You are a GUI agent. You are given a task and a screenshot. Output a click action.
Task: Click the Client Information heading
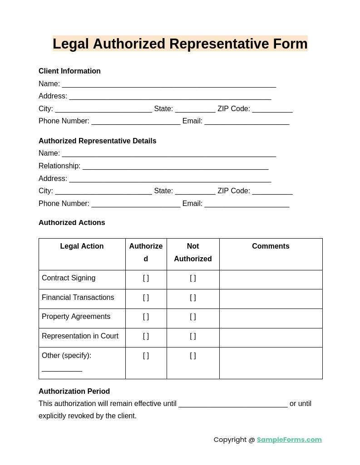coord(69,71)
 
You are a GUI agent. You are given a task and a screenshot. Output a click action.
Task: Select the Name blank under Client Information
coord(169,84)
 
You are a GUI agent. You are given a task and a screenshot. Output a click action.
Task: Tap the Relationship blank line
coord(175,166)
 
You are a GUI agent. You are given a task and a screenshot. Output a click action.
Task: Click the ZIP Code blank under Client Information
coord(272,109)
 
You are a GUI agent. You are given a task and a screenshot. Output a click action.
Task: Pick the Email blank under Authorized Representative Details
coord(247,204)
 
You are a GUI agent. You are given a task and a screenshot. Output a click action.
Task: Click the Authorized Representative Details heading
coord(97,141)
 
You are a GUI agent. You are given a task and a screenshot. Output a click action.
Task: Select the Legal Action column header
coord(82,246)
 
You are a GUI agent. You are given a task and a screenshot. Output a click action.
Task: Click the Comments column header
coord(271,246)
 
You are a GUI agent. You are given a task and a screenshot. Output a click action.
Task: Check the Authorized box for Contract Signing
coord(146,278)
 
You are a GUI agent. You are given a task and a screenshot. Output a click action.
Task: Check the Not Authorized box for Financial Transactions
coord(193,298)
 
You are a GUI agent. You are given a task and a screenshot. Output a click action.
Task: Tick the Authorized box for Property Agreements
coord(146,317)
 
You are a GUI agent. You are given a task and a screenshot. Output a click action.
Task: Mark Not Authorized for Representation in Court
coord(193,336)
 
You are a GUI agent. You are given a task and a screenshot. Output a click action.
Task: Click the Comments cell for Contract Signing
coord(271,279)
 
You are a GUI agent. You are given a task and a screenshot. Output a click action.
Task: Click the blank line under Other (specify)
coord(62,368)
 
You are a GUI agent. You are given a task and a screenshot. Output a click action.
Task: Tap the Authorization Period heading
coord(74,392)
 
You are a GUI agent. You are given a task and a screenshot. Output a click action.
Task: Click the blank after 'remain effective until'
coord(233,404)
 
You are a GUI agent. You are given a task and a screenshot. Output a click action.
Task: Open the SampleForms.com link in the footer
coord(289,440)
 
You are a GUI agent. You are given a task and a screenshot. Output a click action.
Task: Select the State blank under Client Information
coord(195,109)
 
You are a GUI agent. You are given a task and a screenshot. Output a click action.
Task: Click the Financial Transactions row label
coord(78,298)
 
